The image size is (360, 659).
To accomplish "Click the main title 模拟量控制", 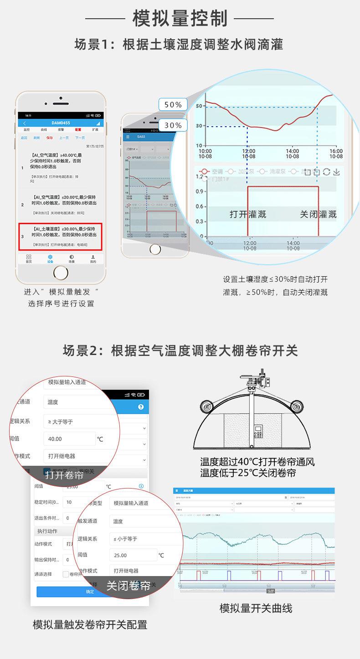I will coord(180,18).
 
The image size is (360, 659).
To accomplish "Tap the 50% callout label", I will coord(173,104).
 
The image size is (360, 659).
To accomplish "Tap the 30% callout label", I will coord(173,125).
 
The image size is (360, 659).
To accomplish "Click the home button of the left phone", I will coord(61,273).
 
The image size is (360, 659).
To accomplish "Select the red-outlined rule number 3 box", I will coord(60,236).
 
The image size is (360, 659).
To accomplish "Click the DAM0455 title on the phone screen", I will coord(61,123).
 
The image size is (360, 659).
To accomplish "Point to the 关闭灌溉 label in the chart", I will coord(318,214).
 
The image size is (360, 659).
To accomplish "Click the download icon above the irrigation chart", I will coord(336,172).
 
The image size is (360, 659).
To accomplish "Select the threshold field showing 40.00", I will coord(69,439).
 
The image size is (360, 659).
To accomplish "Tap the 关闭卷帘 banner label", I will coord(129,586).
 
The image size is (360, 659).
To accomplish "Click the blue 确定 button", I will coord(90,592).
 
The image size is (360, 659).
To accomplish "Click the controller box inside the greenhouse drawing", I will coord(258,431).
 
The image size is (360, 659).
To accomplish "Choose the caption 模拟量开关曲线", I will coord(256,608).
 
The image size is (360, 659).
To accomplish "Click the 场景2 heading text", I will coord(180,350).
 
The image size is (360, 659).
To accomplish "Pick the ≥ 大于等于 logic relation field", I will coord(80,422).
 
